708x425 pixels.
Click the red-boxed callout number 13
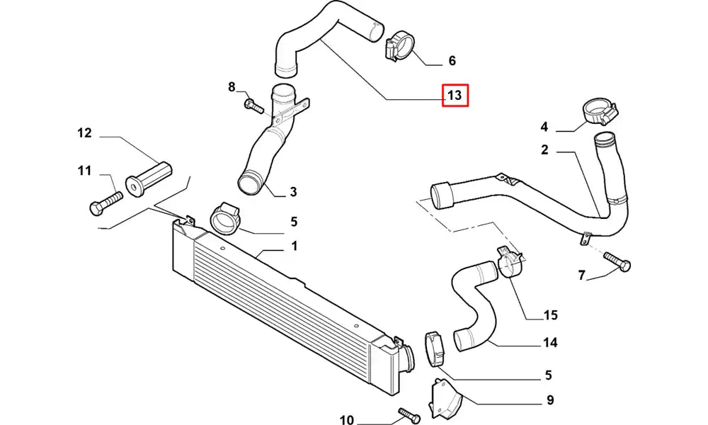(455, 95)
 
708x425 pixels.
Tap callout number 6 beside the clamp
(452, 61)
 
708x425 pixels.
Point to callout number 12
(85, 132)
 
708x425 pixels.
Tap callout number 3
(292, 192)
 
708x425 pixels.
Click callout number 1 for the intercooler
(294, 246)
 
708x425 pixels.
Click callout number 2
(544, 149)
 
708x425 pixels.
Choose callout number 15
(550, 315)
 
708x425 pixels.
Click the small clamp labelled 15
(510, 262)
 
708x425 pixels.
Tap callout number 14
(550, 343)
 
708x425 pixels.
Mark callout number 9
(550, 401)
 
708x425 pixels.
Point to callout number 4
(544, 127)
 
